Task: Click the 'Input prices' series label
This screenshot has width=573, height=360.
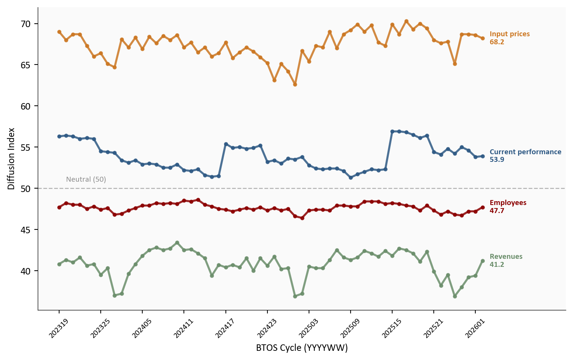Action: coord(509,34)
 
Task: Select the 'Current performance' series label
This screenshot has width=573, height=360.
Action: coord(525,152)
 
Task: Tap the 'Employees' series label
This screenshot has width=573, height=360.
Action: coord(508,203)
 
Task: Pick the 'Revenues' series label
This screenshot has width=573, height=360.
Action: coord(506,257)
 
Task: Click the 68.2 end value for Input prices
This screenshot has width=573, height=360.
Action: coord(497,42)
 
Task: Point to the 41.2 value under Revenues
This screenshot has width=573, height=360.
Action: coord(497,265)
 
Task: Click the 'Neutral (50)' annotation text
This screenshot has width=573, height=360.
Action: coord(86,179)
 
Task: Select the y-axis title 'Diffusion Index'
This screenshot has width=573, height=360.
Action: coord(11,158)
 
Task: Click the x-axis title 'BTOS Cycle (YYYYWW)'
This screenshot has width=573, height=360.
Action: coord(302,348)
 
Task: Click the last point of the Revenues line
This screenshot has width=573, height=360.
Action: coord(483,261)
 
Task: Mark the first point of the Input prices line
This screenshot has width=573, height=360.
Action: coord(59,32)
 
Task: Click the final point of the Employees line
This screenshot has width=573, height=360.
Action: coord(483,207)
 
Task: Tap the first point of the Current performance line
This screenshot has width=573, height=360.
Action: coord(59,136)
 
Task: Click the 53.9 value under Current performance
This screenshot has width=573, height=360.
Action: coord(497,160)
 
